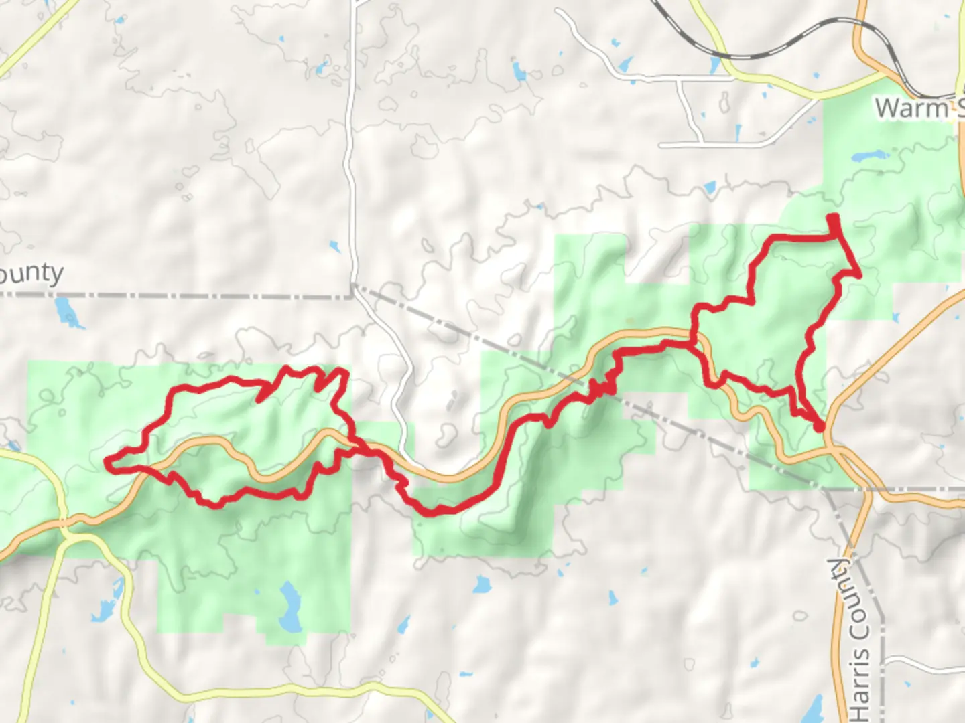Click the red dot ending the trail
coord(819,426)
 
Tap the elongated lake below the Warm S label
coord(869,158)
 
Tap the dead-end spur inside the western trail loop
coord(261,399)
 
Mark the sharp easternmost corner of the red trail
coord(858,273)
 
